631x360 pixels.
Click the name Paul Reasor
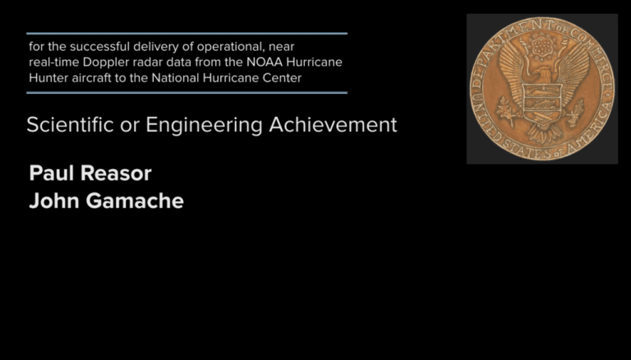coord(90,173)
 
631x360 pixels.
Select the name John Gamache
coord(106,201)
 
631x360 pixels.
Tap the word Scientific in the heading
coord(70,124)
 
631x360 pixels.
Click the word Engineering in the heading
coord(204,125)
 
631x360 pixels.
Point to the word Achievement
coord(333,124)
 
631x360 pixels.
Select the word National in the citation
coord(176,78)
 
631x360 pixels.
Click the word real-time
coord(54,62)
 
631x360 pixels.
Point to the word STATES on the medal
coord(527,149)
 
